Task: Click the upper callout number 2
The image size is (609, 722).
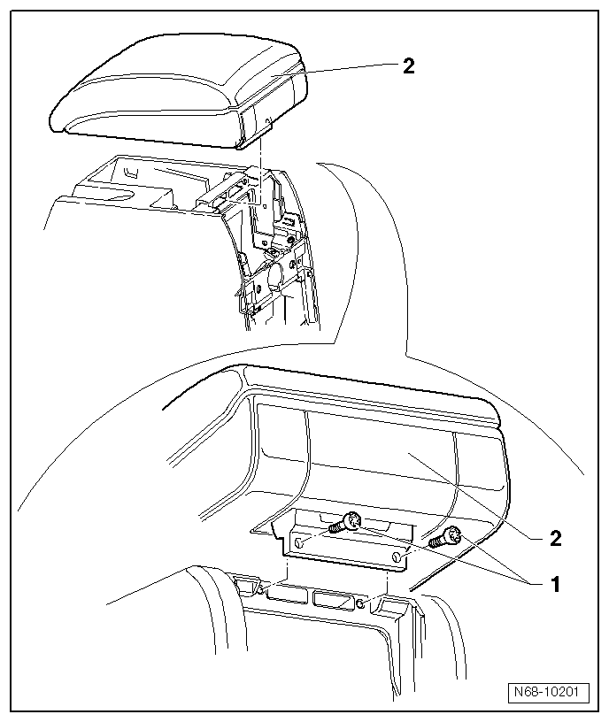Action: pos(408,66)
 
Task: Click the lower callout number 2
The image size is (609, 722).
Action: pos(556,537)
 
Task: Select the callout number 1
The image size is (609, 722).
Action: pos(556,585)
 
